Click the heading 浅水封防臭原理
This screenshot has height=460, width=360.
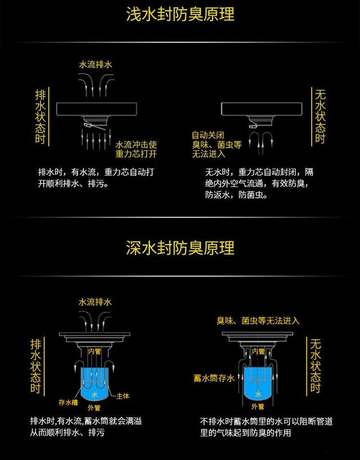[180, 14]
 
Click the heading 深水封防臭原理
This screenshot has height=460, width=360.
[180, 248]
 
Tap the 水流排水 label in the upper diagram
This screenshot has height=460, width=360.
[95, 65]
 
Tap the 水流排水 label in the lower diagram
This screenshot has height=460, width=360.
[95, 302]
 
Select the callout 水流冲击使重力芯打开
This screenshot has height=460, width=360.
[136, 149]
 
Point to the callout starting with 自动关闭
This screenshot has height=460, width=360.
[217, 144]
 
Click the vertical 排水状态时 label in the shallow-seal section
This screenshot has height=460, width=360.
[40, 117]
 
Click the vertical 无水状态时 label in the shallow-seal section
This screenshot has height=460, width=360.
[320, 116]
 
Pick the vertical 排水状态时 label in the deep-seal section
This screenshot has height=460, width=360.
[36, 366]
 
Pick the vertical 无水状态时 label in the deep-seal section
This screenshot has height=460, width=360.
[316, 366]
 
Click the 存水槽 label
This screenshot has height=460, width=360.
[68, 402]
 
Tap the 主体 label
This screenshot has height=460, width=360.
[123, 396]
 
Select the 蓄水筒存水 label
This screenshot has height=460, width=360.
[214, 378]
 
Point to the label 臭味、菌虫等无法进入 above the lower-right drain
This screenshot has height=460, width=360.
[258, 321]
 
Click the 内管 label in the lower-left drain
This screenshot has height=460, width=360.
[94, 351]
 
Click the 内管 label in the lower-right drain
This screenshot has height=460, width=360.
[258, 351]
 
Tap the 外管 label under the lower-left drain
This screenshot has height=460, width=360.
[94, 408]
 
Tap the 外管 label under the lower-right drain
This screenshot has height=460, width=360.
[258, 407]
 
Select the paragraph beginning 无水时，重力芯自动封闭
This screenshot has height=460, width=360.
[259, 184]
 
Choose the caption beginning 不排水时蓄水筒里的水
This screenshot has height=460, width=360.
[267, 427]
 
